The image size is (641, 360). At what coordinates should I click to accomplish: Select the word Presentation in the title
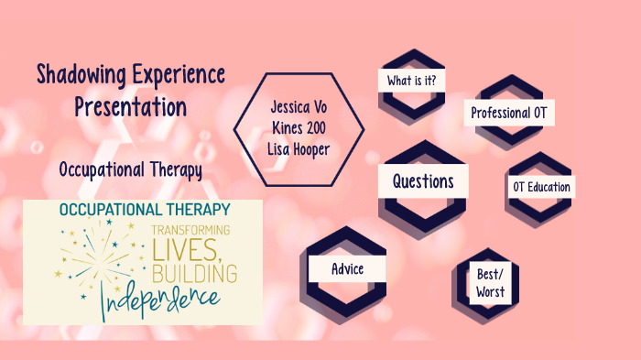click(131, 106)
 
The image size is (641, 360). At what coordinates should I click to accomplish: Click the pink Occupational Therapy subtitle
click(130, 170)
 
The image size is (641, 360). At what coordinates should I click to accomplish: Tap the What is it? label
click(411, 81)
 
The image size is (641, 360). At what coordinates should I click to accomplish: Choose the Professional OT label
click(511, 114)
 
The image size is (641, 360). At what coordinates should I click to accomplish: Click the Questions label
click(423, 180)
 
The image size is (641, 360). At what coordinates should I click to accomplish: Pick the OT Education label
click(541, 187)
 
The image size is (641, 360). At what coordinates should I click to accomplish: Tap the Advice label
click(347, 269)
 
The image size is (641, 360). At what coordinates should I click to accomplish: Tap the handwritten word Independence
click(160, 299)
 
